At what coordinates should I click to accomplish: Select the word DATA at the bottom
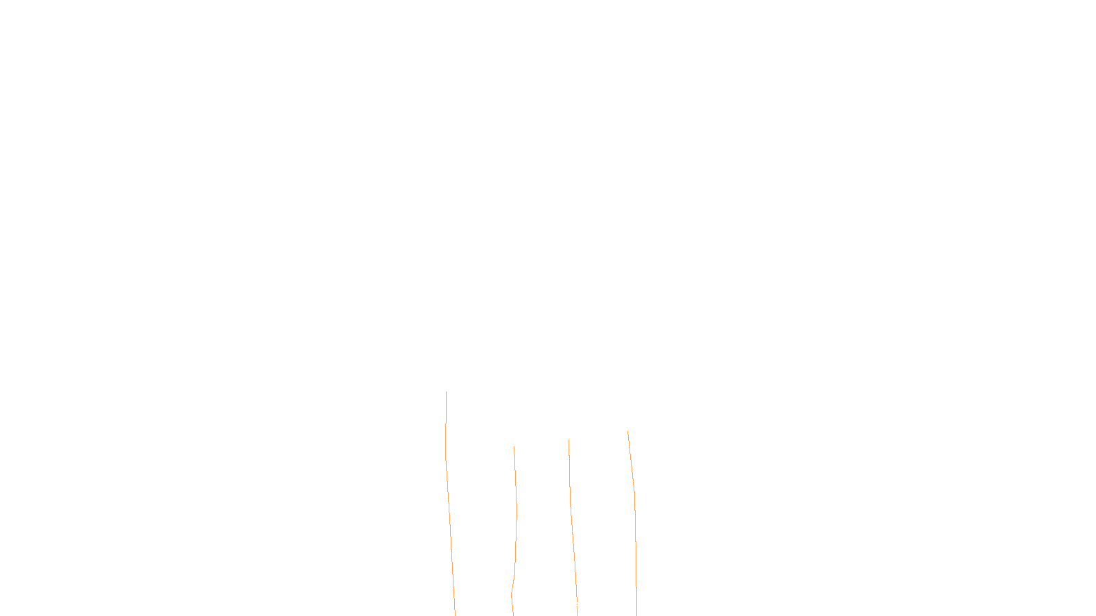[579, 605]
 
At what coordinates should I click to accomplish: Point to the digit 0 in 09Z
[515, 605]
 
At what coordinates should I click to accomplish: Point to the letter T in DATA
[582, 605]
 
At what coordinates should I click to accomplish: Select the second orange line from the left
[516, 513]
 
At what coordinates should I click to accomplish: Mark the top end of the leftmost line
[446, 392]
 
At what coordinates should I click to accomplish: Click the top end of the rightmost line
[628, 432]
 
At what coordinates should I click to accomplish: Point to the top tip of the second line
[514, 448]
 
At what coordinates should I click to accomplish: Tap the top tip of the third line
[569, 440]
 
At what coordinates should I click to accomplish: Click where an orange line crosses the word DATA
[577, 605]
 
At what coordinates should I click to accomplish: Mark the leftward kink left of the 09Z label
[512, 594]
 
